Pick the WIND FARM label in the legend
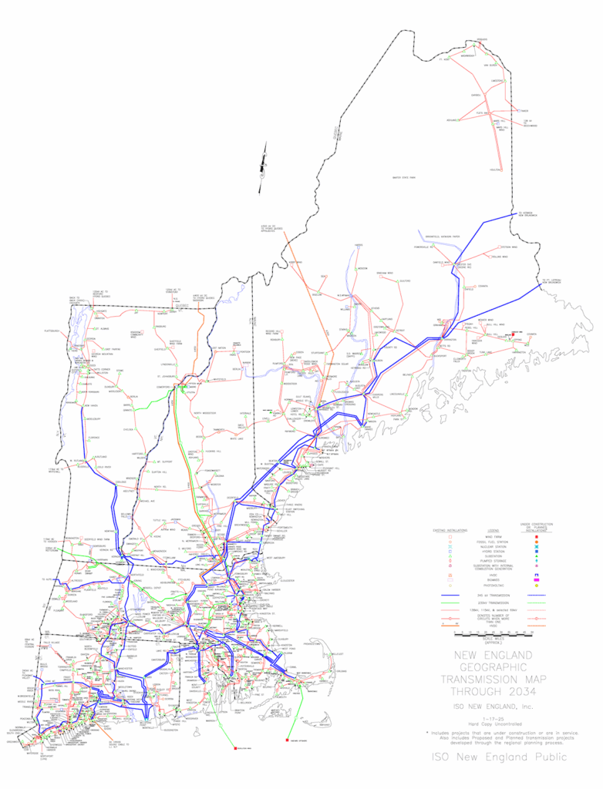[495, 536]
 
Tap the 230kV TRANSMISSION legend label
[495, 602]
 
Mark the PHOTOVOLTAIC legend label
[495, 587]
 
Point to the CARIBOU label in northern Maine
[497, 81]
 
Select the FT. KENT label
[443, 59]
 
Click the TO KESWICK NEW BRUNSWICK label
[527, 214]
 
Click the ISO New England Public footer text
[498, 757]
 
